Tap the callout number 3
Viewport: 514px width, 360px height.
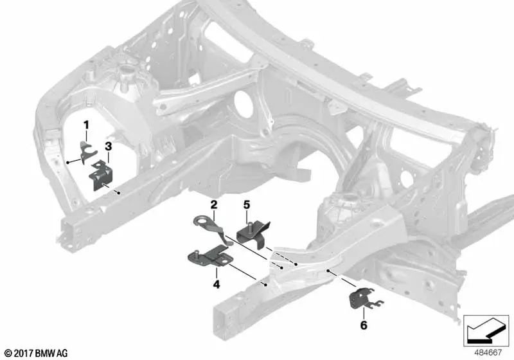point(109,147)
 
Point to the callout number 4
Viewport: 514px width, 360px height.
point(217,283)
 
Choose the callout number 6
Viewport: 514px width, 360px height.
point(364,325)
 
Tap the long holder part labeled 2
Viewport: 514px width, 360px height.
point(212,230)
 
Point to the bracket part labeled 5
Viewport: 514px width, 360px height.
point(251,235)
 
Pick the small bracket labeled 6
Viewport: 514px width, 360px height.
point(360,300)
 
